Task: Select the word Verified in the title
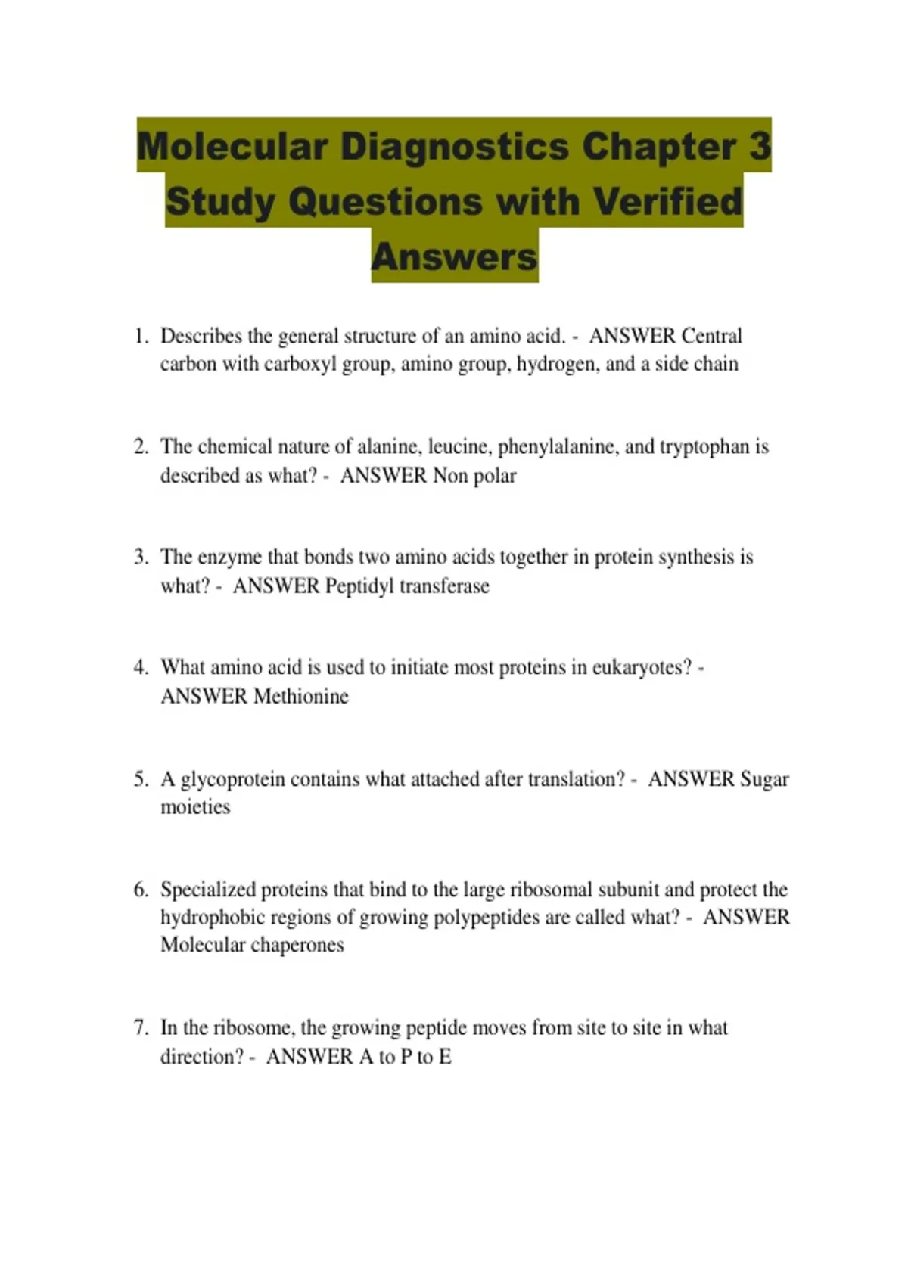coord(667,201)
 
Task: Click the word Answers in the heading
coord(454,256)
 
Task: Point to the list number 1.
coord(141,336)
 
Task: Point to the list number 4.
coord(141,667)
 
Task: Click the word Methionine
coord(301,696)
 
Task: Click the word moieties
coord(195,807)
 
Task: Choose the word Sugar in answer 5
coord(764,779)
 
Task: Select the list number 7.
coord(141,1028)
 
